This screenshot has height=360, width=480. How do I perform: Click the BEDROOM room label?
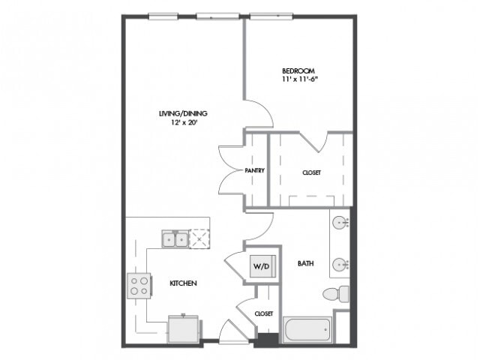(298, 71)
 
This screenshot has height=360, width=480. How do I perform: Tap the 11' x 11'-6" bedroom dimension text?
(300, 79)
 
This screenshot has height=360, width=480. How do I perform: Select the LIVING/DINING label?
(183, 113)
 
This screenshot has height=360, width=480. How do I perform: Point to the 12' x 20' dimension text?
(183, 123)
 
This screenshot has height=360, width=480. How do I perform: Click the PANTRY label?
(254, 170)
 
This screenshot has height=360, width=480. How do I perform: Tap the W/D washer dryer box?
(262, 266)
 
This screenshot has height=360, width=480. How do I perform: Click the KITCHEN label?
(183, 283)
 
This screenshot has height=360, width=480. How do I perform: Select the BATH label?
(305, 263)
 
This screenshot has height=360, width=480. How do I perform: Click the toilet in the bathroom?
(336, 294)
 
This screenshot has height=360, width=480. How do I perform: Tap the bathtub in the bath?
(307, 330)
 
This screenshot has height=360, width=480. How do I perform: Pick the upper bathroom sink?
(340, 222)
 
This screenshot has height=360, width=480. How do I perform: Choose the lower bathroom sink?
(340, 264)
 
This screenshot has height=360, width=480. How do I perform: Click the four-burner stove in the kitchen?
(139, 286)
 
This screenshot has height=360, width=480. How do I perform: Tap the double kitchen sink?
(175, 238)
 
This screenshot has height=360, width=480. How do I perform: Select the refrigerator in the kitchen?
(183, 329)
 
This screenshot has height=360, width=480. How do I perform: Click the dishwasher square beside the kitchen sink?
(199, 238)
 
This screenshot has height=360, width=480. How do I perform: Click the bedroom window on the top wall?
(271, 16)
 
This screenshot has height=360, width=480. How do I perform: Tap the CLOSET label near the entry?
(263, 313)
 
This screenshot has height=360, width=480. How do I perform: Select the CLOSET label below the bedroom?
(311, 172)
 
